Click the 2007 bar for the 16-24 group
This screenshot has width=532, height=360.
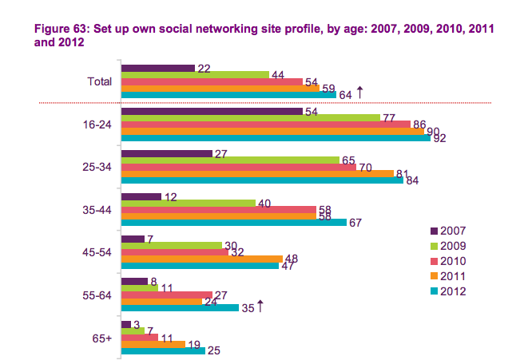pyautogui.click(x=211, y=110)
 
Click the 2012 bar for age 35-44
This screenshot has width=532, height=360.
pyautogui.click(x=232, y=223)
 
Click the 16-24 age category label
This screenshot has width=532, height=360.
pyautogui.click(x=99, y=125)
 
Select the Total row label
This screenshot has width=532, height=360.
pyautogui.click(x=99, y=81)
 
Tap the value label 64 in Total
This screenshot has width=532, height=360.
pyautogui.click(x=346, y=95)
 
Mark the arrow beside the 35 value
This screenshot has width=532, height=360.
pyautogui.click(x=260, y=307)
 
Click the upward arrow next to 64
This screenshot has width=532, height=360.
pyautogui.click(x=359, y=93)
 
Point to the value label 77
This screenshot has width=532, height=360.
pyautogui.click(x=390, y=117)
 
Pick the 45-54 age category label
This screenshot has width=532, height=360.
pyautogui.click(x=99, y=253)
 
